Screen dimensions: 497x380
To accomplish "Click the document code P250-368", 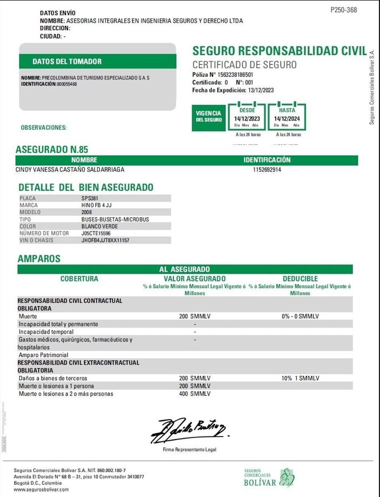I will (x=343, y=10).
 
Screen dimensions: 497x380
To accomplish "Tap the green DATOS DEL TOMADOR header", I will (x=67, y=62).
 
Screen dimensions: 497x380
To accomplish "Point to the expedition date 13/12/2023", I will (x=261, y=90).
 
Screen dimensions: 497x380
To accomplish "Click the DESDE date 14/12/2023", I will (x=247, y=118).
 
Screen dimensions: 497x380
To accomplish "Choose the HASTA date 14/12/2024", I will (x=286, y=118).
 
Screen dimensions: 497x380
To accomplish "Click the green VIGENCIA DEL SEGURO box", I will (x=209, y=116).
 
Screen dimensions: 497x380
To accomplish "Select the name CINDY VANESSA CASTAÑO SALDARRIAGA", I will (x=71, y=170).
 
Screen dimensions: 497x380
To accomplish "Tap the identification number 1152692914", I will (x=267, y=170).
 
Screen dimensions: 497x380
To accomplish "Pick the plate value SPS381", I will (x=90, y=198).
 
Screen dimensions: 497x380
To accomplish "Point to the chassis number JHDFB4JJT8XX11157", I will (x=105, y=240).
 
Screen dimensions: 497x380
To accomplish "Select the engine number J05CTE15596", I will (x=96, y=233).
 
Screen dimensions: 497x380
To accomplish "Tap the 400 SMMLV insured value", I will (x=195, y=394).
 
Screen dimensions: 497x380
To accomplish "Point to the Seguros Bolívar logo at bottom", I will (x=268, y=478).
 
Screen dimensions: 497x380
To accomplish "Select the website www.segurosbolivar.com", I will (x=41, y=489).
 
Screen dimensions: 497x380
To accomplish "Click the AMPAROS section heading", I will (x=39, y=259).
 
